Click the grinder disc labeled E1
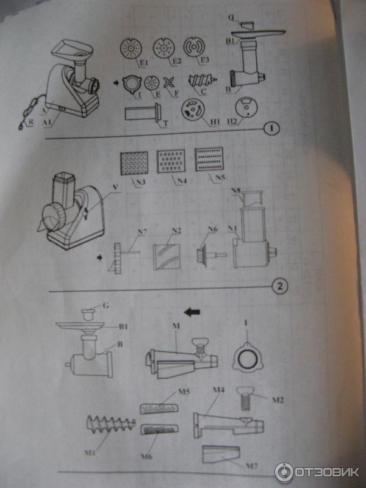130,48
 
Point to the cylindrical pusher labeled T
142,113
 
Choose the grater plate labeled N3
133,163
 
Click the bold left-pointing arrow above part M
192,312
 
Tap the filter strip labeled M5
159,407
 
